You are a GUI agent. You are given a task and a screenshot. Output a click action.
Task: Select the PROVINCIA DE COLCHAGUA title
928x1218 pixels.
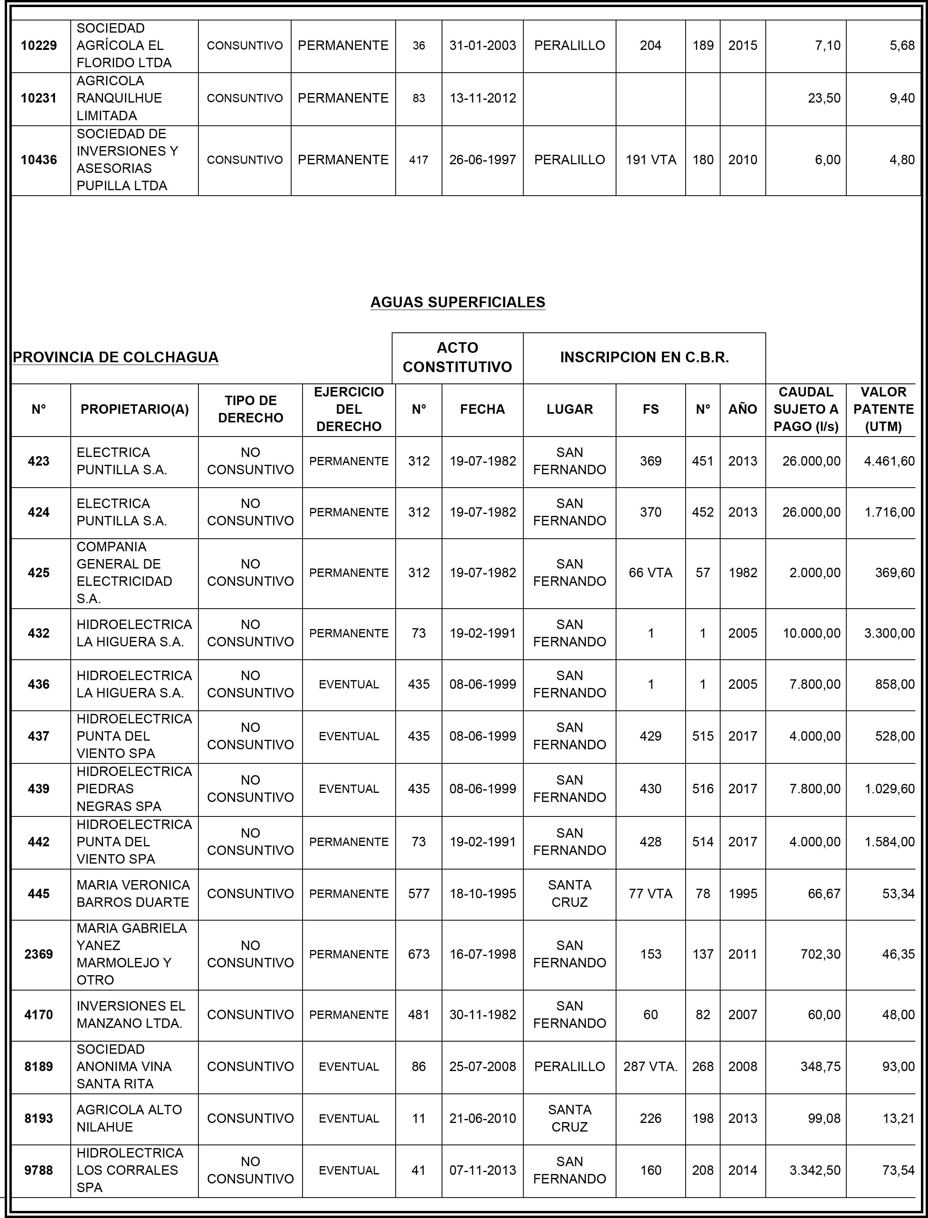(116, 358)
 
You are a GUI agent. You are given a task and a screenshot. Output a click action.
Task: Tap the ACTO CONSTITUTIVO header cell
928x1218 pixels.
(457, 358)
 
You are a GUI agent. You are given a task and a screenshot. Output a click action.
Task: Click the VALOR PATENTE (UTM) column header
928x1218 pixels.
(883, 409)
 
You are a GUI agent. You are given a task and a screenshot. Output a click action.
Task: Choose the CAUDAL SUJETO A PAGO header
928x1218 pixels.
(805, 409)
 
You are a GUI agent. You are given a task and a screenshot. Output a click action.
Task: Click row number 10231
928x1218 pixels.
(39, 98)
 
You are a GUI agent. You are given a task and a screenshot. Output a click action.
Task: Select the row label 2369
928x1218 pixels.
(39, 954)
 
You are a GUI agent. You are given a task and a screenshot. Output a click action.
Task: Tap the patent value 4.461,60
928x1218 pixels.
(889, 461)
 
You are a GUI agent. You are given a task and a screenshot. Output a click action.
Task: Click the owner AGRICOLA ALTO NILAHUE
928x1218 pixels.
(129, 1119)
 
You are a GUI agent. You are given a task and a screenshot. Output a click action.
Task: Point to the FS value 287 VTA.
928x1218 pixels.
(650, 1067)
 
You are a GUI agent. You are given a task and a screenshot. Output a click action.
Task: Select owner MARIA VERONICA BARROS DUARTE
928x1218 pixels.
(133, 894)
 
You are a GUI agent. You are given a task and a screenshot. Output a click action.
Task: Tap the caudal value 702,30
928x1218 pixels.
(820, 954)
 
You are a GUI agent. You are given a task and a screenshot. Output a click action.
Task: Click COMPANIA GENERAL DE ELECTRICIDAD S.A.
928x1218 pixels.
(124, 573)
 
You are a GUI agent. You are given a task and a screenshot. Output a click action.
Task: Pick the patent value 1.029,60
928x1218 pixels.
(889, 789)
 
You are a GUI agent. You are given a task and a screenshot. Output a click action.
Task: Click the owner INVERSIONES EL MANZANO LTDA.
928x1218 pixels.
(130, 1015)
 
